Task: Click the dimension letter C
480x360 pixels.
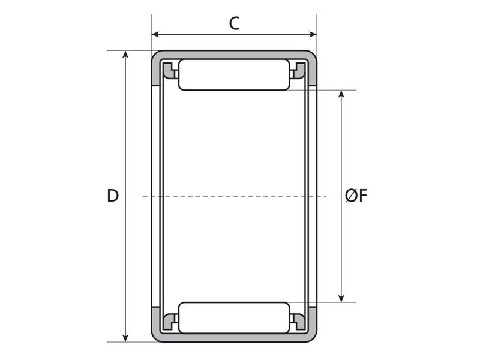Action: [x=235, y=23]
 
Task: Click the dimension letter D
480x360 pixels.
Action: [x=112, y=196]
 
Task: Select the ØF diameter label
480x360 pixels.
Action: [x=356, y=196]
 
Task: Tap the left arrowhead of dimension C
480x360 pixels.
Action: [x=155, y=34]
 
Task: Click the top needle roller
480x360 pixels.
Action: [x=234, y=75]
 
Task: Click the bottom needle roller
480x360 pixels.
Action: [x=234, y=317]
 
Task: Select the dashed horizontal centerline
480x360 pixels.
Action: [x=234, y=196]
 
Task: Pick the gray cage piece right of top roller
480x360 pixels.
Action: [x=298, y=71]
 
